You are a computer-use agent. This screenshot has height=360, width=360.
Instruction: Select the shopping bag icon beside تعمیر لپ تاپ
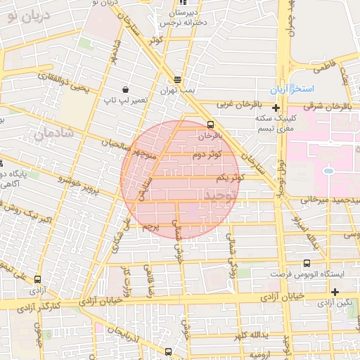125,89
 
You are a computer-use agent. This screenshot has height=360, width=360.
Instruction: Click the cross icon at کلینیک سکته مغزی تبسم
276,108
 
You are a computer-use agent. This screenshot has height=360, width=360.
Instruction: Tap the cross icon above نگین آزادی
335,292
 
